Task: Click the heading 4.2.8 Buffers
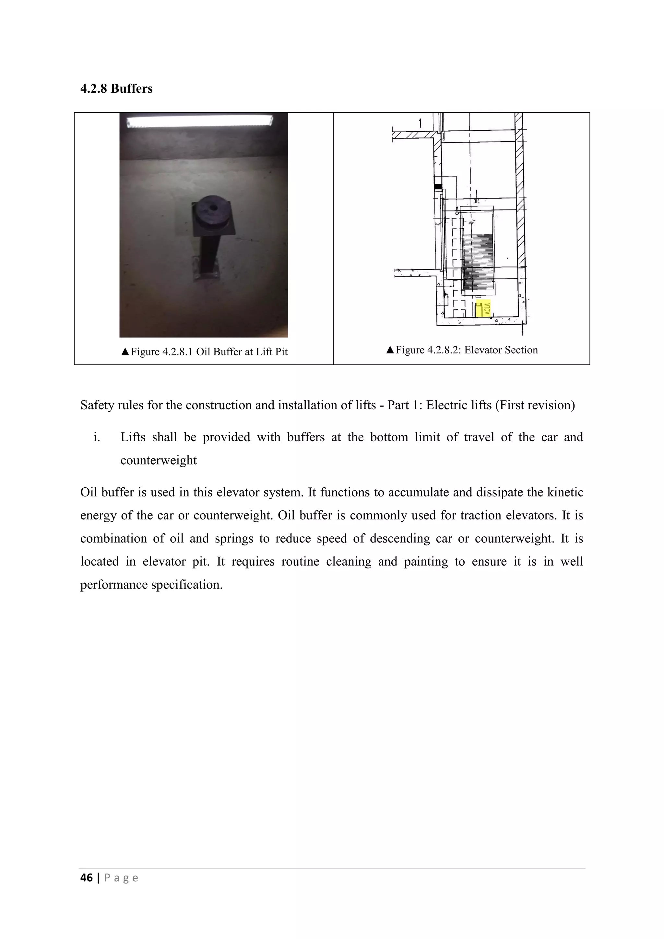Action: (x=116, y=89)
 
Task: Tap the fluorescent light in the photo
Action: (x=200, y=122)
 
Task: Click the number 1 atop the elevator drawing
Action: (x=420, y=123)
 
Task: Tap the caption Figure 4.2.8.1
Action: (x=205, y=352)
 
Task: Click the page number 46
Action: (x=87, y=878)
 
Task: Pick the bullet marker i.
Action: (x=97, y=437)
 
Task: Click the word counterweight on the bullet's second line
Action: (x=159, y=460)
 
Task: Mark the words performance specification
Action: (x=151, y=585)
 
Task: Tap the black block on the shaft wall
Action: (x=438, y=187)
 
